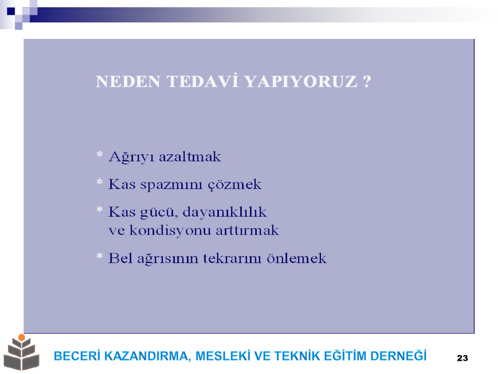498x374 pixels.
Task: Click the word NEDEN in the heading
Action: (128, 81)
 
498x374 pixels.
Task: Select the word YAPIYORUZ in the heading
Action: (301, 81)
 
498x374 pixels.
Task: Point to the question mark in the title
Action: (367, 81)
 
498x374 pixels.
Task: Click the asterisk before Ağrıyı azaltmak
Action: (100, 154)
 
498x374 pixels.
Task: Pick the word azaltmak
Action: (190, 157)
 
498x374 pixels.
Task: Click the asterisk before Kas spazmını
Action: (100, 182)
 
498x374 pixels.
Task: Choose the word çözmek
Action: (235, 185)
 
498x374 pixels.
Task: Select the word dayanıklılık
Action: (225, 212)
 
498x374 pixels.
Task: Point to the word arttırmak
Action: (247, 230)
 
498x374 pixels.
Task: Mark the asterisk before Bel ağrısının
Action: (100, 256)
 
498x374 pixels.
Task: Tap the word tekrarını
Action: (232, 258)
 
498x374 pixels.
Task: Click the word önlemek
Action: (297, 258)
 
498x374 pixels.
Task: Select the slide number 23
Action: (462, 358)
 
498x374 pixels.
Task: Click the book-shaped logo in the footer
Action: (21, 353)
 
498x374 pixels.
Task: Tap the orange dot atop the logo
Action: (21, 337)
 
